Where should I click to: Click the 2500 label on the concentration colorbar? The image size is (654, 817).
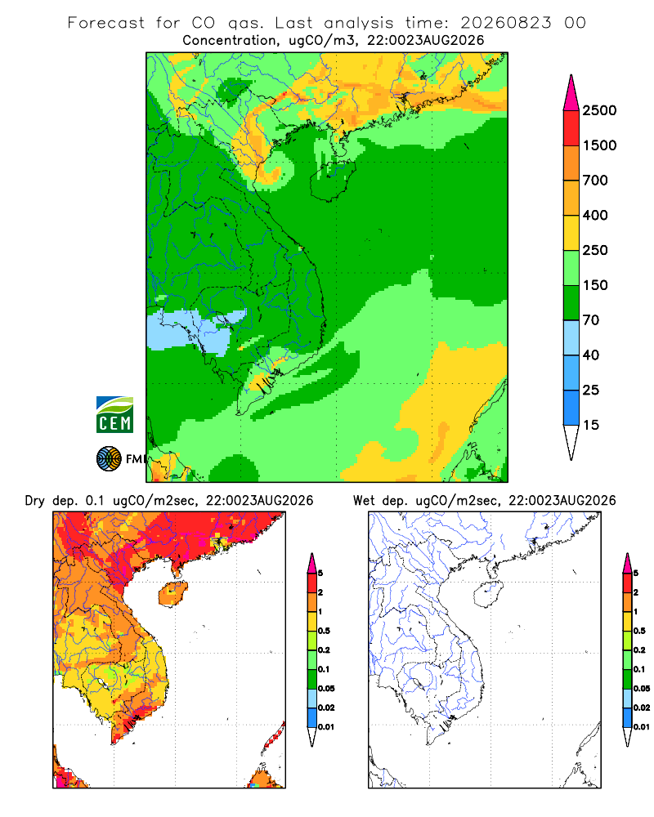(x=599, y=110)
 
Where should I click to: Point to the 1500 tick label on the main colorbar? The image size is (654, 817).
(x=599, y=145)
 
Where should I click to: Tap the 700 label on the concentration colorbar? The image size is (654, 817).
(x=595, y=181)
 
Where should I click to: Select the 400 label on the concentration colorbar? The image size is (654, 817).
(x=595, y=215)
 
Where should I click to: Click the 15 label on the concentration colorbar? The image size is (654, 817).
(x=591, y=425)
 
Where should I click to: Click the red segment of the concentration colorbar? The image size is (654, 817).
(x=571, y=128)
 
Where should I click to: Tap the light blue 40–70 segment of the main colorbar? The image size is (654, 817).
(x=571, y=337)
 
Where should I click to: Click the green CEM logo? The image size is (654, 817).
(x=114, y=414)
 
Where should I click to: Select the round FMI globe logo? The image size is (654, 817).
(x=109, y=459)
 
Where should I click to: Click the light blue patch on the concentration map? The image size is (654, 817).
(x=194, y=330)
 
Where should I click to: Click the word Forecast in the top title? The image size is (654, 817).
(x=106, y=23)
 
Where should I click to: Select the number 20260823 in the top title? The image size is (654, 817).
(x=505, y=23)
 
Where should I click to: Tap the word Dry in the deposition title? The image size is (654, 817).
(x=34, y=501)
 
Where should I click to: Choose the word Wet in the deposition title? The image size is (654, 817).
(x=364, y=501)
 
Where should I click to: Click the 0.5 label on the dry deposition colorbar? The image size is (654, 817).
(x=324, y=631)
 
